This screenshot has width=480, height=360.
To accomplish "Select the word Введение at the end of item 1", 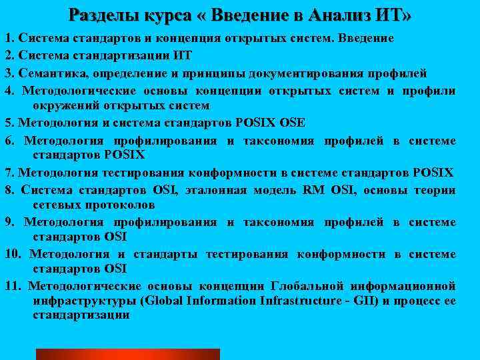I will pos(369,39).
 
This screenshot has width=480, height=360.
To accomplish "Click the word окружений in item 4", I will pos(63,105).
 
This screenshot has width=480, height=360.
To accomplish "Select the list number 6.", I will pos(9,140).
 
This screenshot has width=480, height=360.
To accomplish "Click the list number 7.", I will pos(9,173).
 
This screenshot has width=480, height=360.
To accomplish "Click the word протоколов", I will pos(117,205).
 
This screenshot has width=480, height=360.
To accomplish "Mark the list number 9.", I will pos(9,222).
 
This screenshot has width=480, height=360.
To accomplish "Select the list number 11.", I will pos(12,286).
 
